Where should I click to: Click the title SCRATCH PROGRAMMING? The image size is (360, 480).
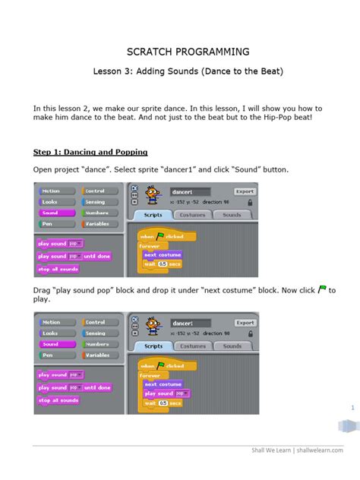pyautogui.click(x=181, y=52)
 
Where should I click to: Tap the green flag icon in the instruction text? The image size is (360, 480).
pyautogui.click(x=322, y=289)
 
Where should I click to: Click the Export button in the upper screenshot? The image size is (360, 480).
pyautogui.click(x=244, y=192)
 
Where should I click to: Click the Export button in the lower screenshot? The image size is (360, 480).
pyautogui.click(x=244, y=322)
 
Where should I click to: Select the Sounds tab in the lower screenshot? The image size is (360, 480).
pyautogui.click(x=232, y=346)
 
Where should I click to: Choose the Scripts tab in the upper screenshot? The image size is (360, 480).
pyautogui.click(x=152, y=216)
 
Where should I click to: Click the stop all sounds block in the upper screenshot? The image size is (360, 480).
pyautogui.click(x=58, y=270)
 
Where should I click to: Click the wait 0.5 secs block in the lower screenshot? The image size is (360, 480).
pyautogui.click(x=164, y=403)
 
